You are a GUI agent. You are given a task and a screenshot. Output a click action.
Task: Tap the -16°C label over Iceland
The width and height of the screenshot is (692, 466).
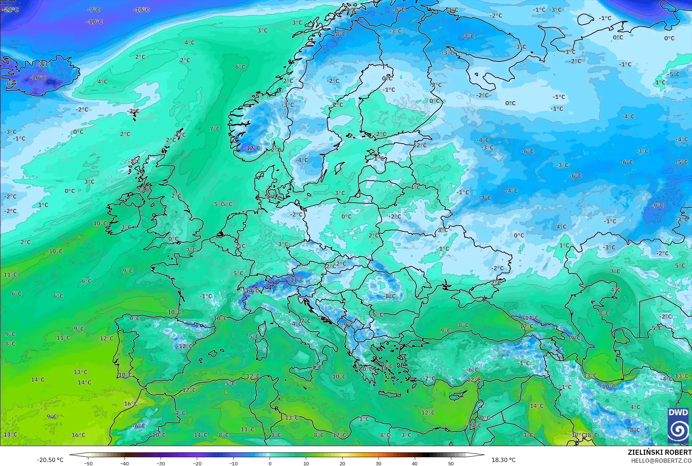(x=38, y=78)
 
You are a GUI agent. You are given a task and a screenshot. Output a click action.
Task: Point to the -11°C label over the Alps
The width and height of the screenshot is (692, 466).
(x=297, y=280)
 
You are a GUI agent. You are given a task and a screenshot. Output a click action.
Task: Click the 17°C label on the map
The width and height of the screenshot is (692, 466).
(x=578, y=435)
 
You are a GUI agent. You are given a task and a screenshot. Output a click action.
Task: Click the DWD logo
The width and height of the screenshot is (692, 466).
(x=678, y=425)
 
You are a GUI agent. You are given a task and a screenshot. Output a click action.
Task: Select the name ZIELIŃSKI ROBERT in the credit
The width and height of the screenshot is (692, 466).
(x=659, y=452)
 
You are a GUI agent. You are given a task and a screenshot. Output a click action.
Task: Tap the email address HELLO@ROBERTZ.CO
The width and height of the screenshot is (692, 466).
(x=661, y=461)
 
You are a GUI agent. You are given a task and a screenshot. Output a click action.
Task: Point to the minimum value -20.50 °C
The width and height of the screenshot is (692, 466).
(x=50, y=460)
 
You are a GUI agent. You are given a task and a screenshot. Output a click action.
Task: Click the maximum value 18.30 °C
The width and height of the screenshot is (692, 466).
(x=503, y=460)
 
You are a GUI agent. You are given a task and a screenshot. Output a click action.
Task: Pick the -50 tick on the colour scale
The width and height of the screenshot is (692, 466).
(x=88, y=463)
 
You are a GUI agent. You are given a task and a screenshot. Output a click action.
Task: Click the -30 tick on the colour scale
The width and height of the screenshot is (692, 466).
(x=161, y=463)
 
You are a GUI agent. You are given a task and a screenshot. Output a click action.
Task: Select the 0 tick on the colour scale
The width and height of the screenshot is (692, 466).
(x=270, y=463)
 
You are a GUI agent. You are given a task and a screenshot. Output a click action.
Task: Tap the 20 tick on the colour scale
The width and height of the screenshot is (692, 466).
(x=342, y=463)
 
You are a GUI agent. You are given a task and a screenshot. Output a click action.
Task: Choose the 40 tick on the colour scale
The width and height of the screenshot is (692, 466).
(x=415, y=463)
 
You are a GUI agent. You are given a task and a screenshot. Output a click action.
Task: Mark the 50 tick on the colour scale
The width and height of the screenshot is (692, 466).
(x=451, y=463)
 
